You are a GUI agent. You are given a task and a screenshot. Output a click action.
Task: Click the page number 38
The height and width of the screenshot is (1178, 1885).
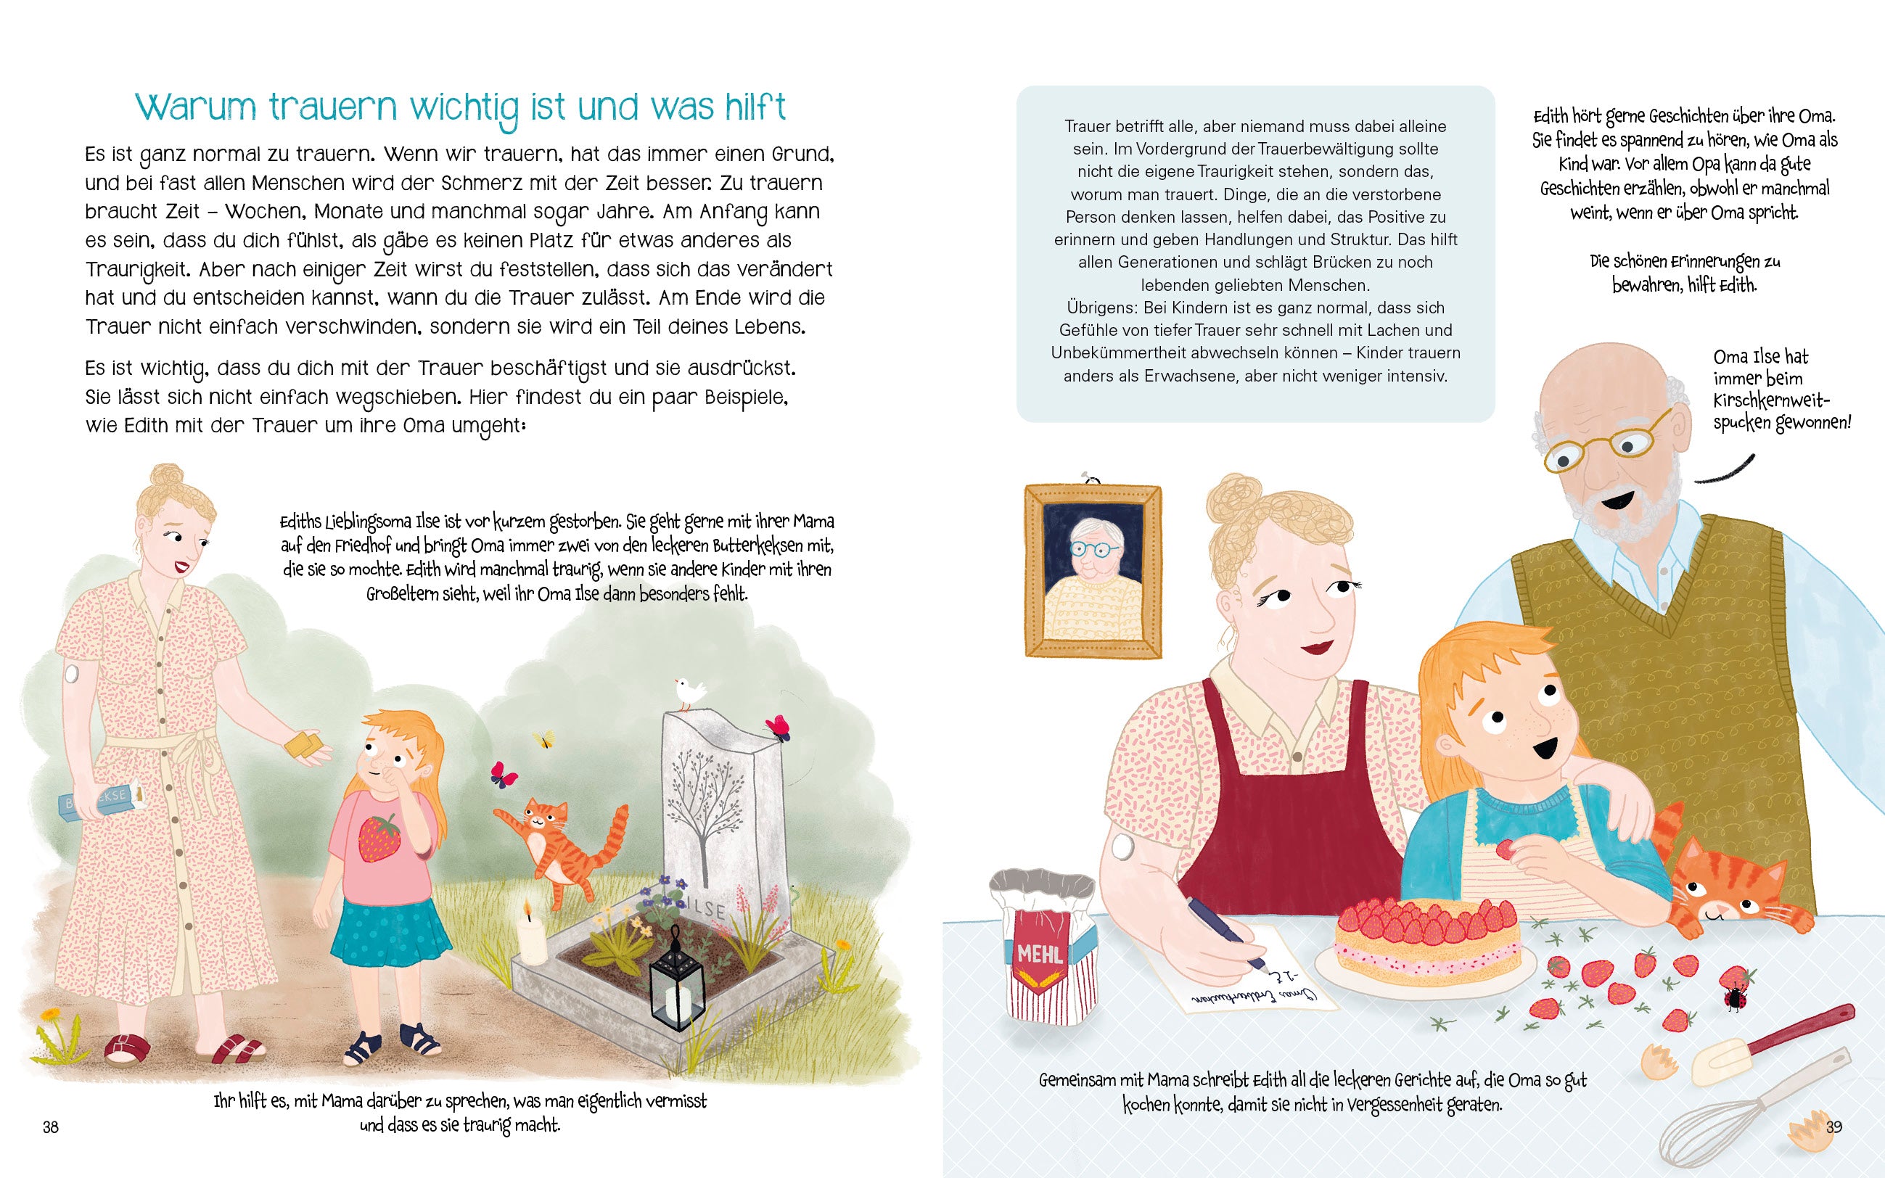coord(51,1126)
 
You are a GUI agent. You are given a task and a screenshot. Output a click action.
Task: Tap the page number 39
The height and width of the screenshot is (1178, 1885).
coord(1833,1126)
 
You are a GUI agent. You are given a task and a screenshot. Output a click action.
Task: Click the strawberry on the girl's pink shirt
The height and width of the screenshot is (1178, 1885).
coord(379,839)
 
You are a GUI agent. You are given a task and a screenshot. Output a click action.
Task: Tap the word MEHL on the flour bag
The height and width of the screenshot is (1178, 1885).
coord(1040,954)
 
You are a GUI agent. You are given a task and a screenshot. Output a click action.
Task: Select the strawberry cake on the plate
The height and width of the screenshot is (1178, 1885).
coord(1426,938)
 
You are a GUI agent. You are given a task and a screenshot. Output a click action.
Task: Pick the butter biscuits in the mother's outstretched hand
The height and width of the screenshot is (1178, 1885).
coord(303,745)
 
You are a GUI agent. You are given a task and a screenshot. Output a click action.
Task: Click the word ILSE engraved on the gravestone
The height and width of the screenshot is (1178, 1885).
coord(705,907)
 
